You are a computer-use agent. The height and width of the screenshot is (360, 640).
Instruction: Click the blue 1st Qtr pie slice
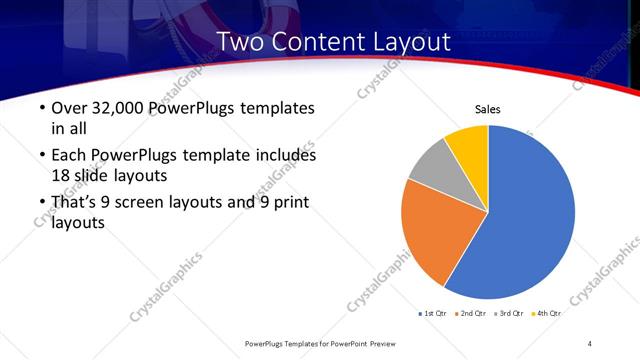[530, 215]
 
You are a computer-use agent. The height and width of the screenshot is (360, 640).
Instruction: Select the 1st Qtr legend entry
[434, 313]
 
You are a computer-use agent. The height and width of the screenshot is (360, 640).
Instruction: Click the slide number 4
[590, 343]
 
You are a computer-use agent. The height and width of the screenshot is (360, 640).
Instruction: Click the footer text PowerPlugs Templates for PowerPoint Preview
[320, 343]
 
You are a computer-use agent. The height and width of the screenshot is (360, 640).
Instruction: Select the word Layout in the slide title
[406, 42]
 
